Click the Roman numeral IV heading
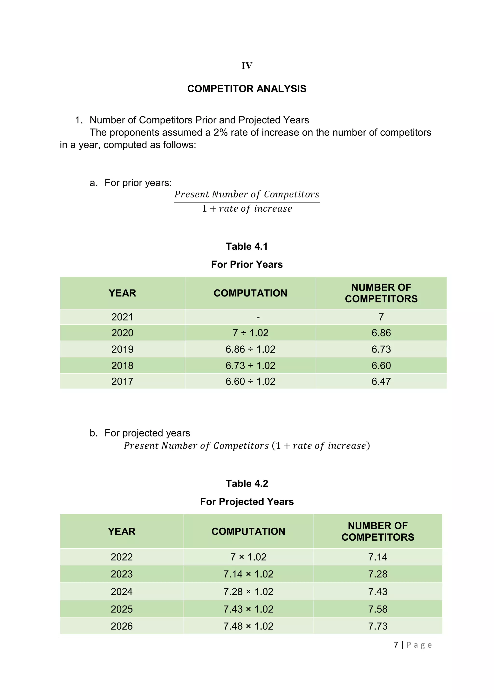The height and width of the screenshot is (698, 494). coord(247,66)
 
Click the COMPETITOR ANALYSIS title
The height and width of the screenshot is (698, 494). coord(247,89)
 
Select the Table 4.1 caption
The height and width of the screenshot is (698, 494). coord(247,246)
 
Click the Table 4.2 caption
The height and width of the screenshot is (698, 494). coord(247,483)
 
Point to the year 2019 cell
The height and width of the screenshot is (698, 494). coord(122,349)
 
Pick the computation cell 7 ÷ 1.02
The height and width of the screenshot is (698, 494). coord(250,333)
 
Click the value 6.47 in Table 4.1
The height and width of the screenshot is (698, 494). coord(381,381)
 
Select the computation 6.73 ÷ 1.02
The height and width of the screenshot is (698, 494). coord(250,365)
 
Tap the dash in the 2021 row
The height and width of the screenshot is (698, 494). coord(258,317)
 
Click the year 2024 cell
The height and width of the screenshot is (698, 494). coord(122,592)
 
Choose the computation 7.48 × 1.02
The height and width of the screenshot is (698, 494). coord(248,626)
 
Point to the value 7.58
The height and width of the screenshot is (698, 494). coord(377,609)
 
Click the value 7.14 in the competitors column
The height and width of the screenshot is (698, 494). coord(377,557)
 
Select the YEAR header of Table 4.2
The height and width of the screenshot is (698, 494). coord(122,531)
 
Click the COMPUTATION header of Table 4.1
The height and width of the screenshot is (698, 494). coord(250,293)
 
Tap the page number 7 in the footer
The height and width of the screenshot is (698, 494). coord(396,645)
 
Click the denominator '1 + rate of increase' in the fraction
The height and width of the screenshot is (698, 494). coord(247,208)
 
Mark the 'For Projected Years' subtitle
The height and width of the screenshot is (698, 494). coord(247,502)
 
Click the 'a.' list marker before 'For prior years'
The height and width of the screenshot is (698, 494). coord(93,183)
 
